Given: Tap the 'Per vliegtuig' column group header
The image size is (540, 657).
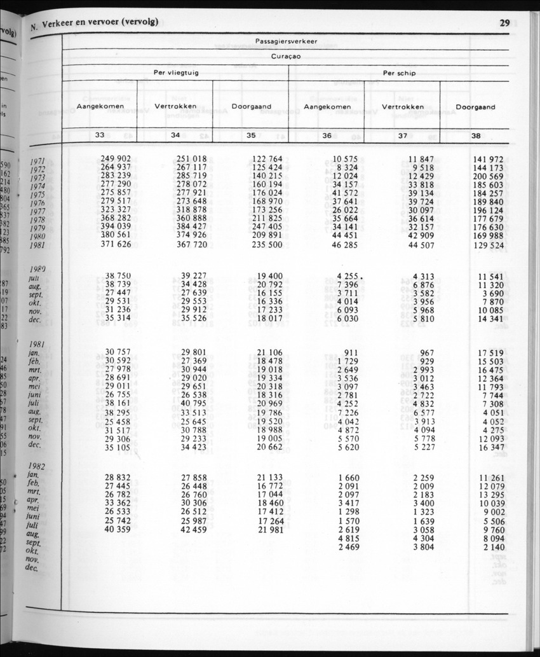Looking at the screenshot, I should tap(176, 73).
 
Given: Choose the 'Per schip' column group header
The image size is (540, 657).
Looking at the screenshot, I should tap(399, 73).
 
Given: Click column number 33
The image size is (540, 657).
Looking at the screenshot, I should tap(100, 135).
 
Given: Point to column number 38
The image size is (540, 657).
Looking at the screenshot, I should tap(476, 135).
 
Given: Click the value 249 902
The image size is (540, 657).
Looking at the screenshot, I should tap(116, 158).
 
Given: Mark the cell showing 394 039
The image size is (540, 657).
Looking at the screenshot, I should tap(116, 226).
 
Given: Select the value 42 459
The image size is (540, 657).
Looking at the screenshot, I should tap(194, 529).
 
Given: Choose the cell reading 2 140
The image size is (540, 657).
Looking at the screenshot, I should tap(494, 547).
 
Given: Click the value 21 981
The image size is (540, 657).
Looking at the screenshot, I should tap(270, 529).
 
